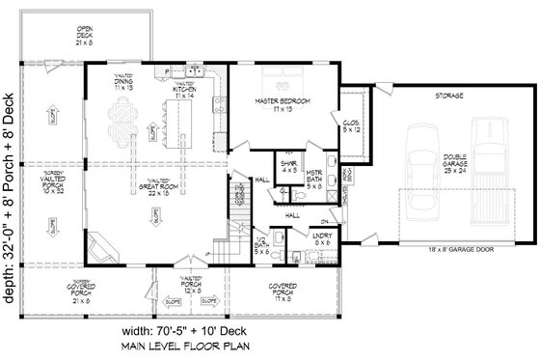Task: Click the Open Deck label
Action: pyautogui.click(x=85, y=37)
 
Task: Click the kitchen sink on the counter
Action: pyautogui.click(x=195, y=70)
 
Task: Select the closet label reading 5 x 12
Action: pyautogui.click(x=350, y=126)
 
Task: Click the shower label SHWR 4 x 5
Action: pyautogui.click(x=287, y=170)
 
